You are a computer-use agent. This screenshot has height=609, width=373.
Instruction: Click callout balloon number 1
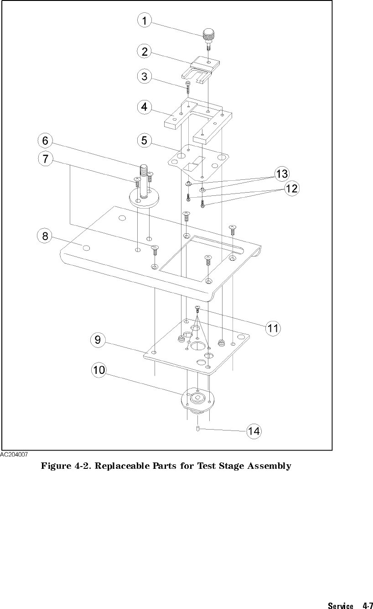tap(144, 21)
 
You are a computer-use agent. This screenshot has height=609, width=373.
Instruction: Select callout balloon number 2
tap(144, 52)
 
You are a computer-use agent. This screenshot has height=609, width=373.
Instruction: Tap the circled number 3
tap(144, 76)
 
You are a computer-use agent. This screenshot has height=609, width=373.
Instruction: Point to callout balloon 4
tap(144, 108)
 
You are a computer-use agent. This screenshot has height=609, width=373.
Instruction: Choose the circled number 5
tap(144, 140)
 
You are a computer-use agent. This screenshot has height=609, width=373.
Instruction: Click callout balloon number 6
tap(45, 141)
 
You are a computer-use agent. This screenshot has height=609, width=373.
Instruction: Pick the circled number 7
tap(45, 159)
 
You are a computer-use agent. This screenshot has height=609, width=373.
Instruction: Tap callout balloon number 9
tap(98, 340)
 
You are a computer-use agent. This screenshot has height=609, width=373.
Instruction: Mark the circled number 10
tap(99, 370)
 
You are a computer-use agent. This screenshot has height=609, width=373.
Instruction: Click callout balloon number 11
tap(273, 328)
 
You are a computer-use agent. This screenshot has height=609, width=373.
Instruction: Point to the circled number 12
tap(291, 188)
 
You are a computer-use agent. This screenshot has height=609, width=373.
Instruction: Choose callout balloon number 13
tap(281, 173)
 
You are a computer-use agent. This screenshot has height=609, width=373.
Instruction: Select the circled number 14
tap(254, 430)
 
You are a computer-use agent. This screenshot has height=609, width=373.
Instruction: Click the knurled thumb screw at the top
tap(208, 34)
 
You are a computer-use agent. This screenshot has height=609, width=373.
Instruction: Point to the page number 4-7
tap(368, 606)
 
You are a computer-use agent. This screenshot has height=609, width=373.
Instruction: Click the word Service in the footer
tap(340, 606)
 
